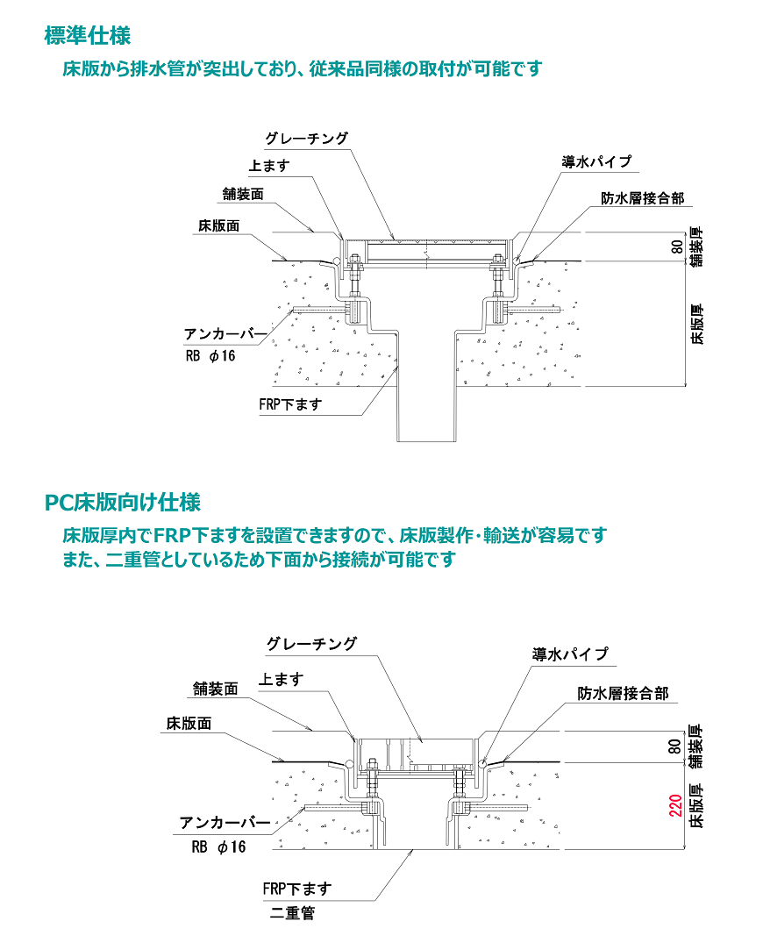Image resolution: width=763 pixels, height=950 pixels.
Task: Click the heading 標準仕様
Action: (x=88, y=36)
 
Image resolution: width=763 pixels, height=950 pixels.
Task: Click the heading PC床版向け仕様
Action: (x=123, y=503)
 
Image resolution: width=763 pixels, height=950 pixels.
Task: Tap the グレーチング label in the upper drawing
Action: (x=308, y=139)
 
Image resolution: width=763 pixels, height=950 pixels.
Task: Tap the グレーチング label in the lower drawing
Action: (x=311, y=644)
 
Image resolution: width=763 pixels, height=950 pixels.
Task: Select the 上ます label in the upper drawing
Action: (x=268, y=166)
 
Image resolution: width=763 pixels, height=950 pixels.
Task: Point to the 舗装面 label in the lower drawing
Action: (x=216, y=689)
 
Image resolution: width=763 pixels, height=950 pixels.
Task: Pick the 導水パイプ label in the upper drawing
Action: (x=596, y=162)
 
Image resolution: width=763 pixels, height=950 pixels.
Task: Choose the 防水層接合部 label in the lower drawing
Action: (x=623, y=694)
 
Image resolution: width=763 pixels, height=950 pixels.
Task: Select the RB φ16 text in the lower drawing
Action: (x=219, y=847)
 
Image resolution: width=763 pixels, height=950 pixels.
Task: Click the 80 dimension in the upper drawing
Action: (x=676, y=246)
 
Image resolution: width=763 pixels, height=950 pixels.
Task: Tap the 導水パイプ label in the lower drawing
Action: (x=570, y=654)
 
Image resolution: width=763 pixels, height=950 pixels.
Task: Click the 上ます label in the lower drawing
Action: (x=282, y=680)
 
